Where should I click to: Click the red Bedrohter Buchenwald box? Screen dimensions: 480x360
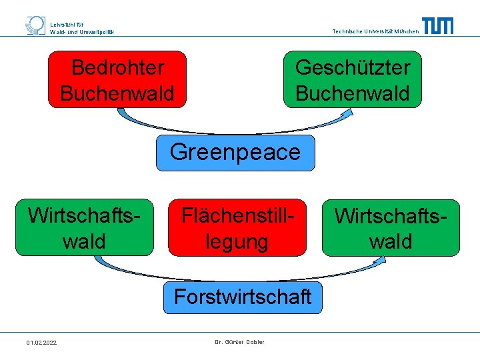click(117, 79)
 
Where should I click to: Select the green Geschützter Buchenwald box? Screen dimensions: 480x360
click(353, 79)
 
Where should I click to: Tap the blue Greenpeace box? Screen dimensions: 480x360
click(235, 153)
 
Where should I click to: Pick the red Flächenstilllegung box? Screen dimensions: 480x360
click(237, 227)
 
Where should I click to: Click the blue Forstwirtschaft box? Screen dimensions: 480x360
click(243, 297)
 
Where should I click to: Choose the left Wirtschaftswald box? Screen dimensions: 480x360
click(84, 227)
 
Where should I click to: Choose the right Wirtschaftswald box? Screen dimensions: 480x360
click(391, 228)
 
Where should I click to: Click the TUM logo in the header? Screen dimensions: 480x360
click(437, 26)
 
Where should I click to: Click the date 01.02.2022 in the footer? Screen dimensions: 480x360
click(41, 343)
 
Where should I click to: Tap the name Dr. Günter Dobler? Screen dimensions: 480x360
click(239, 342)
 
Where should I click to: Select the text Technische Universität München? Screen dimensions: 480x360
click(375, 31)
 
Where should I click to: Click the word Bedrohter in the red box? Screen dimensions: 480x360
click(117, 67)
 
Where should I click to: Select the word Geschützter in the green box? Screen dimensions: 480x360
click(353, 67)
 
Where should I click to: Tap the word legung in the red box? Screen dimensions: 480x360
click(237, 241)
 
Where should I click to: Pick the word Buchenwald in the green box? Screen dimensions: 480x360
click(353, 93)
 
